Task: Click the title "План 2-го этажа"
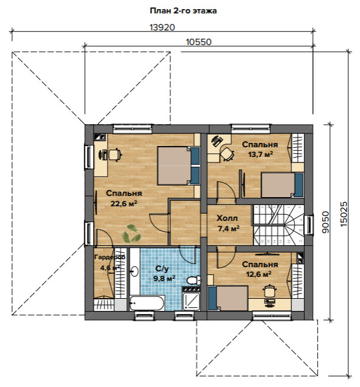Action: [183, 11]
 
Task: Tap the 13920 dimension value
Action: [162, 27]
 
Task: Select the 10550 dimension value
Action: [198, 42]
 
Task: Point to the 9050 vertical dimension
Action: [325, 222]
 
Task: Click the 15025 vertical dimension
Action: [344, 214]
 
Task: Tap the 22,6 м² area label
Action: [124, 204]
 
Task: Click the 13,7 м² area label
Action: [260, 155]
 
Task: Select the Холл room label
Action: [227, 218]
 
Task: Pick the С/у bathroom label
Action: [162, 268]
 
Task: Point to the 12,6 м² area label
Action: [259, 274]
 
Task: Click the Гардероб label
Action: [109, 257]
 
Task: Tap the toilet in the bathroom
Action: [194, 281]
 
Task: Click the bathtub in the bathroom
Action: [147, 303]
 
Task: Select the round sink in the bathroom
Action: [134, 271]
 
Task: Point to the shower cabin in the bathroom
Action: [192, 301]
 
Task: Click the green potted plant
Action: [131, 233]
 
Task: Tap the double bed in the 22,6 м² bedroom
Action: [179, 166]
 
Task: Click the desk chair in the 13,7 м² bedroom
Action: [227, 154]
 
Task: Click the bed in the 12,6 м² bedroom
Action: [228, 298]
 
